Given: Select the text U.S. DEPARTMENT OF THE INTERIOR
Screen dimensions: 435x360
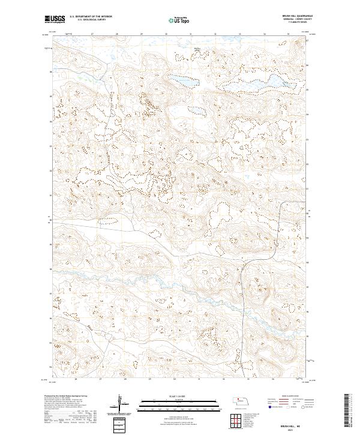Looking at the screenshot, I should pyautogui.click(x=91, y=17).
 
